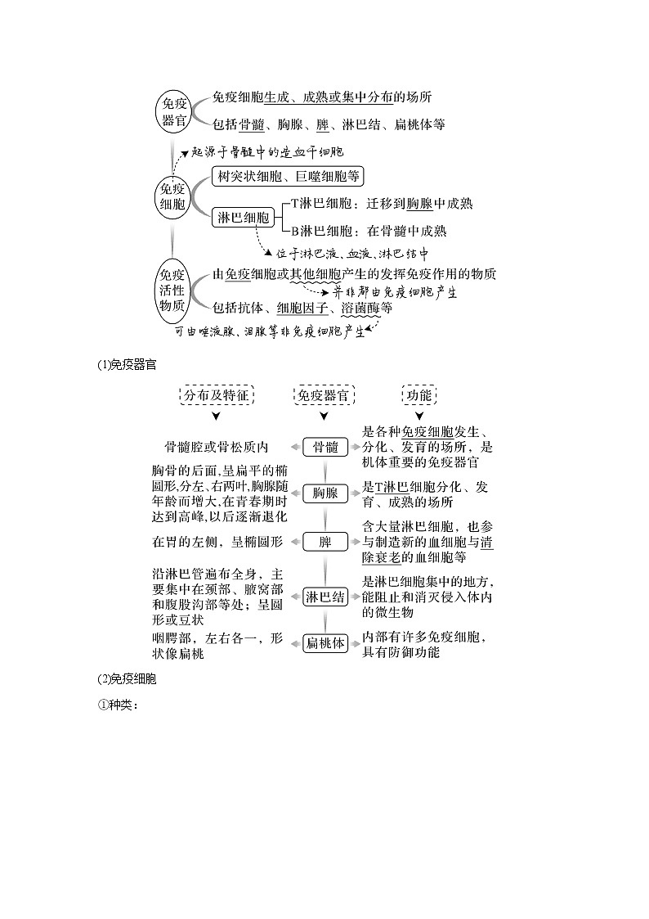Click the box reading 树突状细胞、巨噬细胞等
click(286, 175)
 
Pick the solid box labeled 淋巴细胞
click(242, 218)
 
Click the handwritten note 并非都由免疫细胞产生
click(394, 291)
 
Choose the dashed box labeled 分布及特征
click(216, 394)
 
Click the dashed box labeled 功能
click(418, 394)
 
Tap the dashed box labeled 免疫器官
click(324, 394)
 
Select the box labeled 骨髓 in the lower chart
click(324, 447)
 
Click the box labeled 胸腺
click(324, 493)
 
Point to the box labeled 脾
click(324, 542)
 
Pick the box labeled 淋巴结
click(324, 597)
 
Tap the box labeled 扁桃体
click(324, 643)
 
